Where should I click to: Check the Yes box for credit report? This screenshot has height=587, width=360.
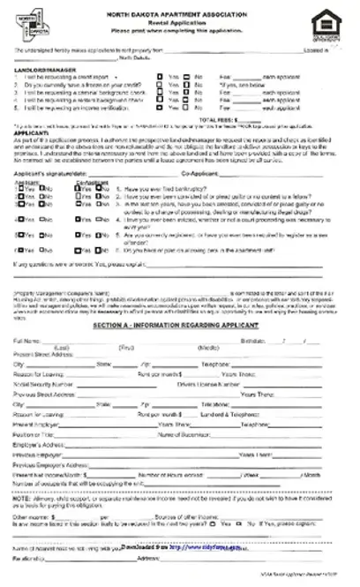point(160,76)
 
